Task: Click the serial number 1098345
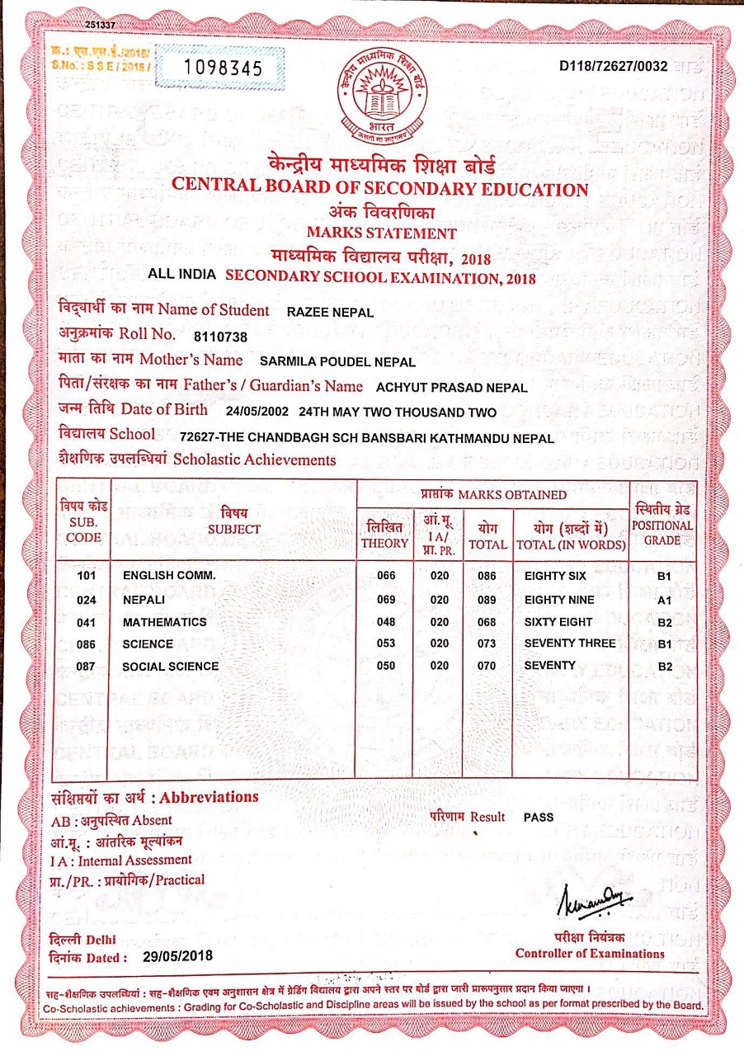219,68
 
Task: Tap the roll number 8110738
219,337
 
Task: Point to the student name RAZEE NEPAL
328,312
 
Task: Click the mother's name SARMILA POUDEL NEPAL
337,361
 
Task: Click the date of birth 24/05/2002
257,412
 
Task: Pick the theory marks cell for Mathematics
386,622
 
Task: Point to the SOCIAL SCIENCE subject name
171,666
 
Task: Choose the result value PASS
539,818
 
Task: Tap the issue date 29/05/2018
178,956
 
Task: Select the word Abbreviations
209,798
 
